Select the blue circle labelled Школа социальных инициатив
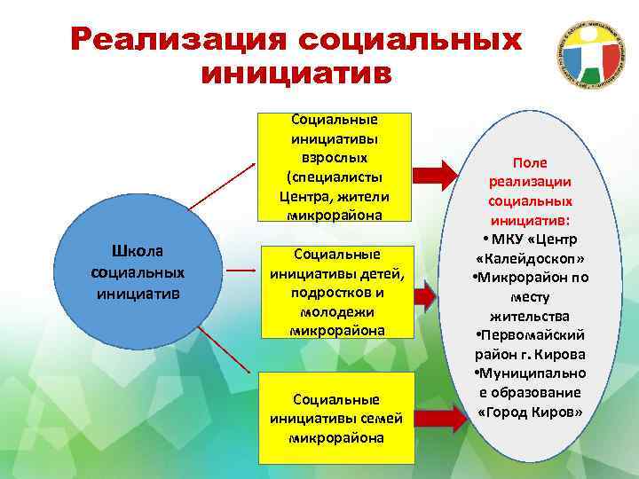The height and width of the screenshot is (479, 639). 138,271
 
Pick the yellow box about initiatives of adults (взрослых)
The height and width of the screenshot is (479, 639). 336,167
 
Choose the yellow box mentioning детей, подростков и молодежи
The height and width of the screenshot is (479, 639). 336,292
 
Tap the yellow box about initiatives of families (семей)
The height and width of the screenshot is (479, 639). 336,418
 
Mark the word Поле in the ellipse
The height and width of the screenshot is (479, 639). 529,163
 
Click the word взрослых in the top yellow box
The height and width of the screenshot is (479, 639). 336,157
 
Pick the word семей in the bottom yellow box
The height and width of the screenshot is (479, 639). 379,419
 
